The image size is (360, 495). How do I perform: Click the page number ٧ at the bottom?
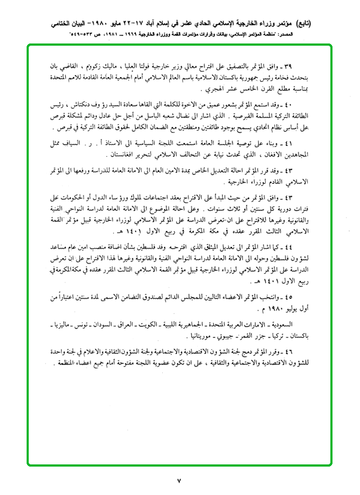179,480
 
